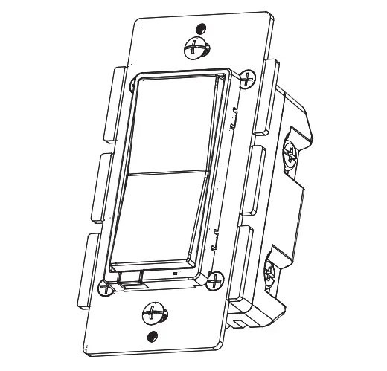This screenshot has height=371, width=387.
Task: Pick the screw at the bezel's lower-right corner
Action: pyautogui.click(x=215, y=280)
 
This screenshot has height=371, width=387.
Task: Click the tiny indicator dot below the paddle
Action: pyautogui.click(x=173, y=274)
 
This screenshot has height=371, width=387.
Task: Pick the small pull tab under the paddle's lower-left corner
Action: pyautogui.click(x=127, y=279)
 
